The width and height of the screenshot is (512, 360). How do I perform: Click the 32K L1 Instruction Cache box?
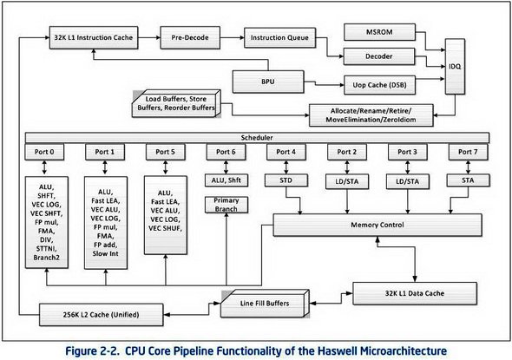tap(94, 37)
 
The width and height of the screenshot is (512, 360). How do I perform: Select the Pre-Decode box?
tap(190, 37)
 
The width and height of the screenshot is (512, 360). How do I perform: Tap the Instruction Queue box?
tap(279, 37)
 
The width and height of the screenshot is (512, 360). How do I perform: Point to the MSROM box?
tap(379, 32)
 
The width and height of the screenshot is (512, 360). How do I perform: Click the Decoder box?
tap(378, 56)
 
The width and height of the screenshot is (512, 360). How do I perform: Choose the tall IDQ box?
tap(455, 67)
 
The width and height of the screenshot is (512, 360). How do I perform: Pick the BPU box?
tap(268, 82)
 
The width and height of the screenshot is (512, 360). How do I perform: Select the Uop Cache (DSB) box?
tap(379, 85)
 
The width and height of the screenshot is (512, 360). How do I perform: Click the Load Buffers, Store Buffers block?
tap(176, 103)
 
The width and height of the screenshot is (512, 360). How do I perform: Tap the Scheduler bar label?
tap(257, 137)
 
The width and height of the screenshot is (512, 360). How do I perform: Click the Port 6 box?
tap(226, 152)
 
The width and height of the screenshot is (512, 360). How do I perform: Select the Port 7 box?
tap(468, 152)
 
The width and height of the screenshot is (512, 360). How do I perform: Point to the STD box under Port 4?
tap(286, 180)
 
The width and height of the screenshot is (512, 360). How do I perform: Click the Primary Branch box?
tap(226, 205)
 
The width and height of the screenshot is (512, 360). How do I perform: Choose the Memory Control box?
tap(377, 225)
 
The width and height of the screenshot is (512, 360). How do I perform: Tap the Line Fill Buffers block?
tap(265, 304)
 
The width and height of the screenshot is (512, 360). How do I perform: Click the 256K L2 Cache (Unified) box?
tap(102, 315)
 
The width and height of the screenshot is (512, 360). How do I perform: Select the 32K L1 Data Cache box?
tap(415, 293)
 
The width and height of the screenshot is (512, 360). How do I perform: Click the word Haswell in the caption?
tap(338, 350)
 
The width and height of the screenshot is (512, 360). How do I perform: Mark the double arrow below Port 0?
tap(44, 167)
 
